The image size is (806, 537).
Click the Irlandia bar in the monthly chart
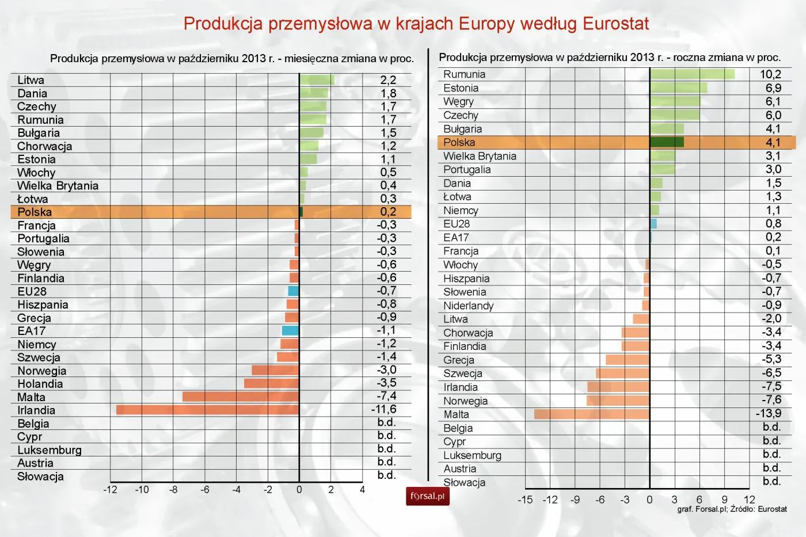pos(207,410)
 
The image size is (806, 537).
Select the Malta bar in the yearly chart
pos(591,414)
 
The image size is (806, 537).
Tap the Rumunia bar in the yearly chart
pos(692,74)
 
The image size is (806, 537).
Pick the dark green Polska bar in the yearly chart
pos(667,142)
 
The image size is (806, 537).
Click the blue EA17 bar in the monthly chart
pos(290,330)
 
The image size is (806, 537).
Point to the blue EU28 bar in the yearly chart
pos(653,224)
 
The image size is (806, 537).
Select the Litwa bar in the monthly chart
pos(317,80)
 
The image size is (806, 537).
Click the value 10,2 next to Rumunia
pos(770,74)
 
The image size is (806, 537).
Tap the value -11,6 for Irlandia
pos(384,409)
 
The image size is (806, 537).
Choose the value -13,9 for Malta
pos(769,414)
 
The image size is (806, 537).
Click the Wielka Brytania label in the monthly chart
pos(58,186)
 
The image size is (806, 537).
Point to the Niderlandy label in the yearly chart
pos(468,306)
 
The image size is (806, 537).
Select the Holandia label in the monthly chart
pos(40,384)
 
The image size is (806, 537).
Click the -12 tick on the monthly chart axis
pos(110,490)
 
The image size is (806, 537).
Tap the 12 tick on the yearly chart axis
pos(749,500)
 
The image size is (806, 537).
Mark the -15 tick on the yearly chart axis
pos(525,500)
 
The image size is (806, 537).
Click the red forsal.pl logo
pos(427,496)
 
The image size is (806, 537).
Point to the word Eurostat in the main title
pos(615,24)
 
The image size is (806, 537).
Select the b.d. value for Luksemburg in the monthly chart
pos(386,449)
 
